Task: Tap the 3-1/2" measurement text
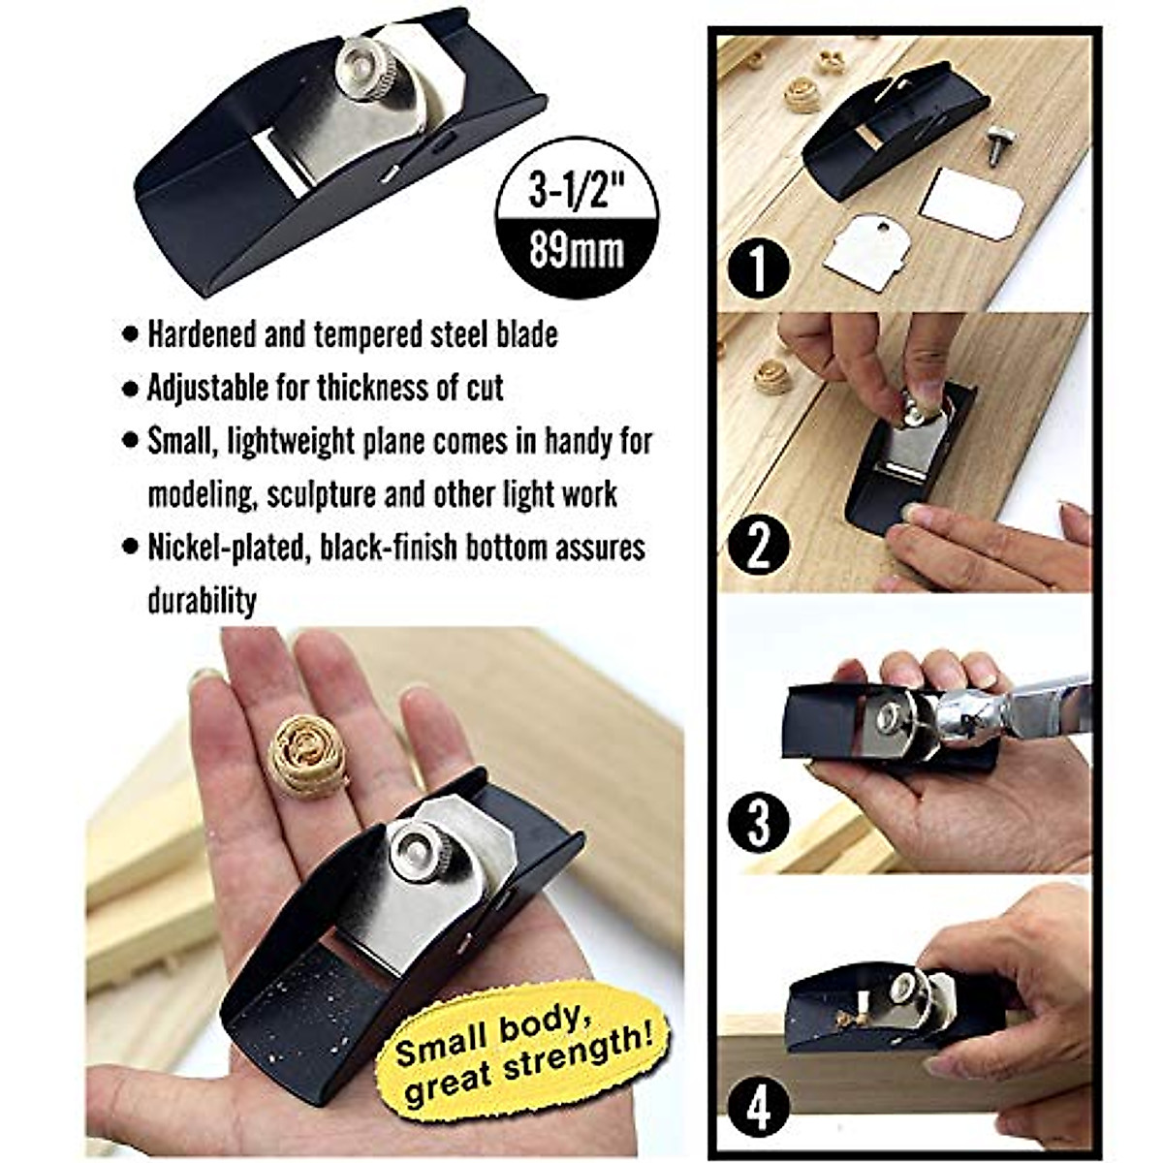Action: [576, 191]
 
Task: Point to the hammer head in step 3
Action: [969, 714]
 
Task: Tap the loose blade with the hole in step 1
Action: [866, 250]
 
